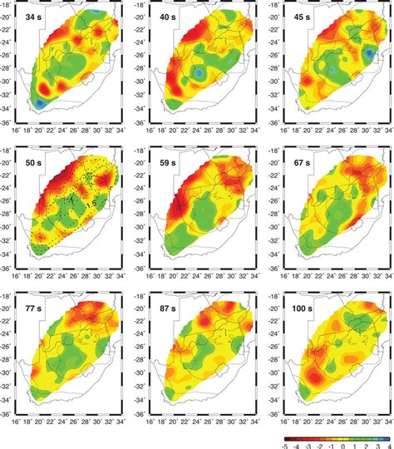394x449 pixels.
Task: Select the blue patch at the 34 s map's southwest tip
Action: click(x=41, y=102)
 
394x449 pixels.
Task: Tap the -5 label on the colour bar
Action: click(x=284, y=444)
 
